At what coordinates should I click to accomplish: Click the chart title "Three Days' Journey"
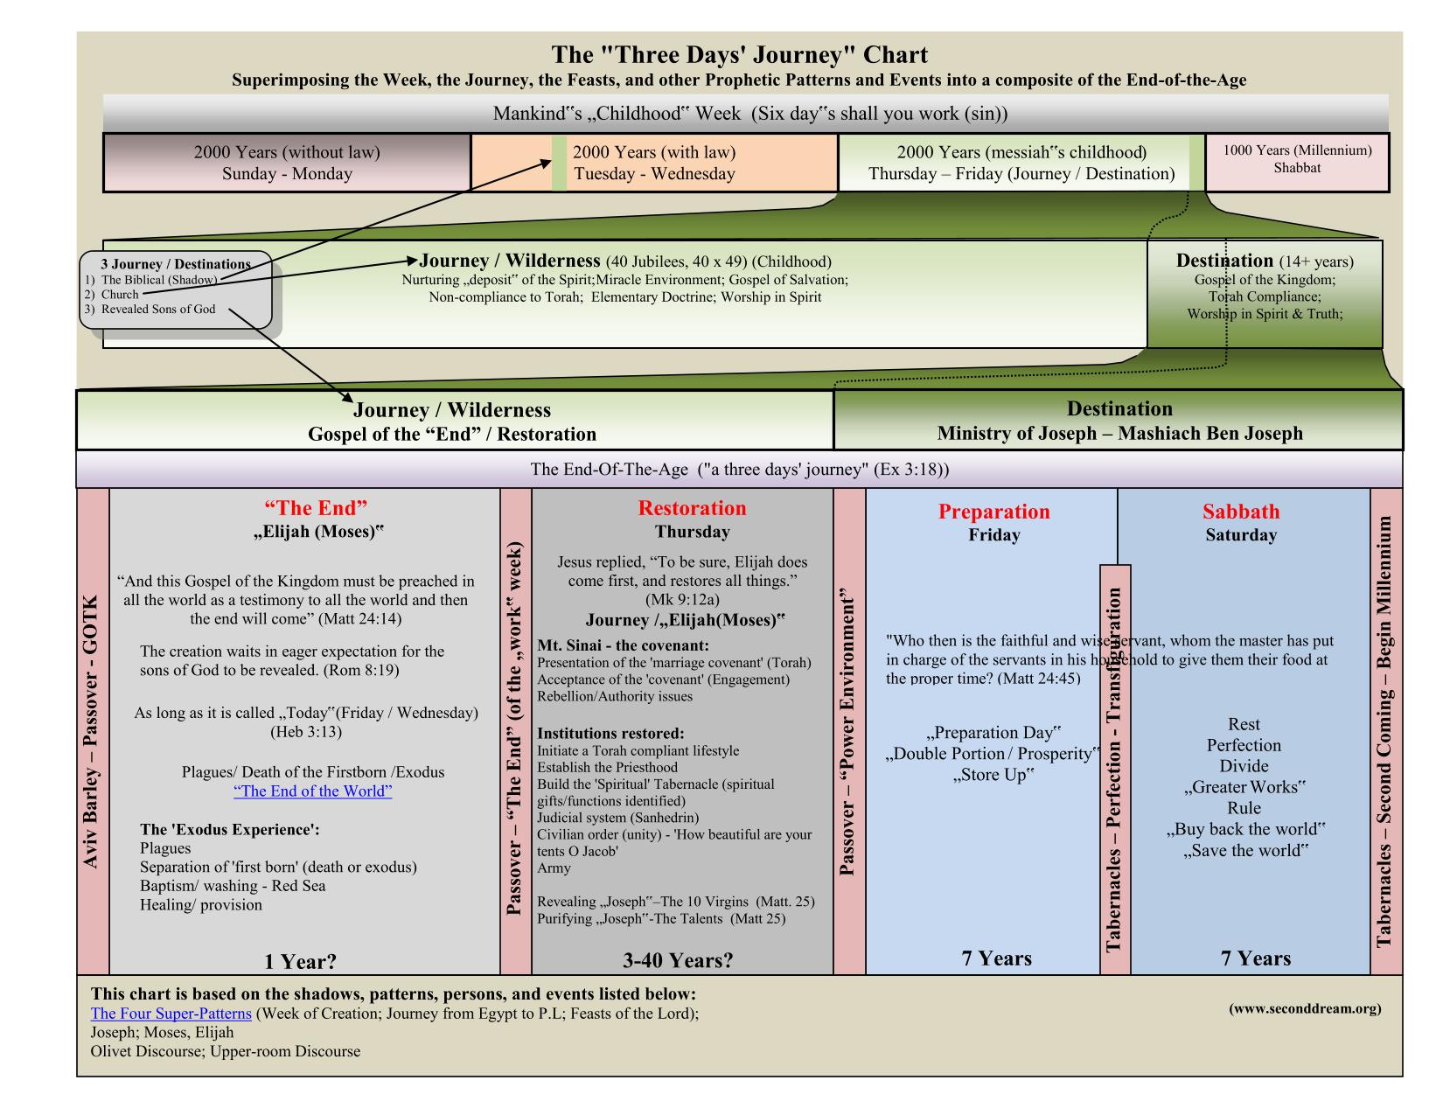(x=739, y=55)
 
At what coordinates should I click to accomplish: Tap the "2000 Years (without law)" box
(x=287, y=163)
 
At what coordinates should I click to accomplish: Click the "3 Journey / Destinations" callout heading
(x=176, y=264)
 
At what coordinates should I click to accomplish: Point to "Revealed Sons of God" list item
(x=158, y=309)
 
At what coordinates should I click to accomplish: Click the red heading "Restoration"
(x=692, y=508)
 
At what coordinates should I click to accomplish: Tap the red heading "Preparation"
(x=993, y=512)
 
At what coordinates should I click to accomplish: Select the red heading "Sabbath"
(x=1240, y=512)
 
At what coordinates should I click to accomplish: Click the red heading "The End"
(x=316, y=507)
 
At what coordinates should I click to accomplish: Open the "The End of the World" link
(x=312, y=791)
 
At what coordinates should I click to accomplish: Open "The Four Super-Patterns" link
(x=171, y=1014)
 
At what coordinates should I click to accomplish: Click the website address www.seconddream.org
(x=1305, y=1008)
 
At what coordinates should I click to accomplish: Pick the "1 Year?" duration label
(x=300, y=962)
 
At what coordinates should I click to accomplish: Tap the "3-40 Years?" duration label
(x=678, y=960)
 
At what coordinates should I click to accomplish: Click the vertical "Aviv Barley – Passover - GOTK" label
(x=92, y=732)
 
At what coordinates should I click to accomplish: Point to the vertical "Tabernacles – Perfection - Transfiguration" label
(x=1114, y=770)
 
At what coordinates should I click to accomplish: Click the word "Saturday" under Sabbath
(x=1240, y=535)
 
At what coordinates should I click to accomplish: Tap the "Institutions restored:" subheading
(x=610, y=733)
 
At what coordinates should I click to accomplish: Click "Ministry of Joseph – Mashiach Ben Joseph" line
(x=1119, y=433)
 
